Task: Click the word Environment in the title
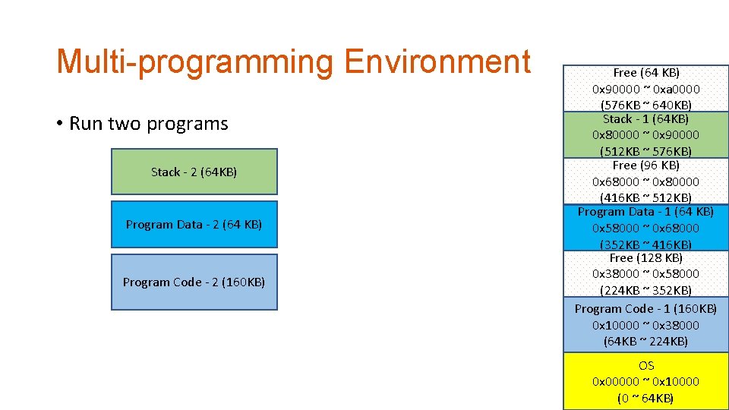tap(437, 62)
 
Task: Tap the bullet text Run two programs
tap(148, 124)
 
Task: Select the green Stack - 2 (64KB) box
tap(194, 172)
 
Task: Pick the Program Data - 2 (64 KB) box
tap(194, 225)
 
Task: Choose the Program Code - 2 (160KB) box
tap(194, 282)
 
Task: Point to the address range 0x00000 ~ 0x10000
tap(645, 382)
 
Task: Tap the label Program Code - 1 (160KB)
tap(645, 309)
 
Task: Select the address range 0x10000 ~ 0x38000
tap(645, 325)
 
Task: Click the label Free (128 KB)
tap(645, 258)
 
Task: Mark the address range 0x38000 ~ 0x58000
tap(645, 273)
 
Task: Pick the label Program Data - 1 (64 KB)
tap(645, 212)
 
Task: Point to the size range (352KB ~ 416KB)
tap(645, 244)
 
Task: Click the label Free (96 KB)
tap(645, 166)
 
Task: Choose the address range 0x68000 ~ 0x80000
tap(645, 181)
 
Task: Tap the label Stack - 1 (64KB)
tap(645, 119)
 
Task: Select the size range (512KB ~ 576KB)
tap(645, 151)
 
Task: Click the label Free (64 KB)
tap(645, 73)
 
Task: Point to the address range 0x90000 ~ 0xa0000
tap(645, 89)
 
